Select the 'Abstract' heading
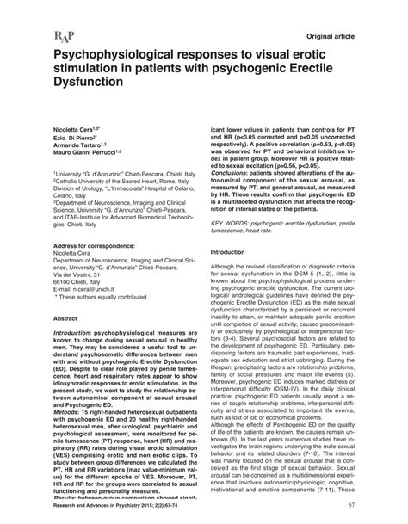pos(45,317)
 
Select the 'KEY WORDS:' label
pos(233,223)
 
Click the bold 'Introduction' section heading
pos(233,252)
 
